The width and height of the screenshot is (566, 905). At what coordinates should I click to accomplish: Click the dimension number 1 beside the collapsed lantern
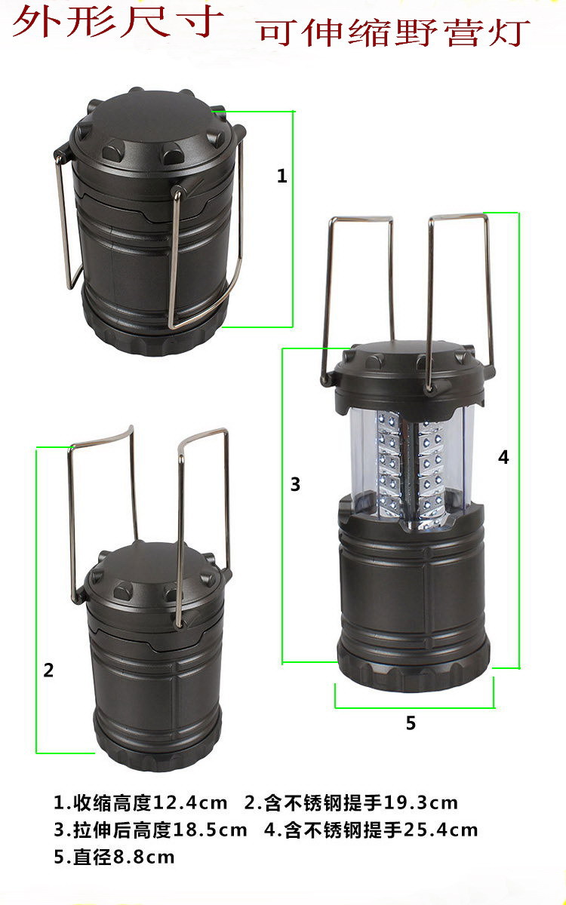pos(281,176)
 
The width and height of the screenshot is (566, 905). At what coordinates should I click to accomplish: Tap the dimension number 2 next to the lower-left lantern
pos(48,670)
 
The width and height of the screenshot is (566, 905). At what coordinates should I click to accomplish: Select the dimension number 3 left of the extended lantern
pos(296,484)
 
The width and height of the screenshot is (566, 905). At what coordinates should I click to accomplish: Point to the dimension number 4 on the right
pos(503,457)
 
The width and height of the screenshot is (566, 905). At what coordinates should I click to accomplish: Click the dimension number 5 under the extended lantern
pos(411,722)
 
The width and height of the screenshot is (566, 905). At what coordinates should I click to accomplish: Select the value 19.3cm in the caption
pos(420,802)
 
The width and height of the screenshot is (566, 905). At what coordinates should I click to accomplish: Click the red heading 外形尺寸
pos(118,22)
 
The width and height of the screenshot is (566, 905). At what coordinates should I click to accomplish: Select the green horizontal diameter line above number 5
pos(414,707)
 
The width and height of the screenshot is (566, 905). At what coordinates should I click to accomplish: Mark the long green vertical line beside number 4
pos(518,440)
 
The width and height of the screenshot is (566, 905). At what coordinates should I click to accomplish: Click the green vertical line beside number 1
pos(292,219)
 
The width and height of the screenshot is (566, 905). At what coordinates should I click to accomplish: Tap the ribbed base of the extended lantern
pos(414,670)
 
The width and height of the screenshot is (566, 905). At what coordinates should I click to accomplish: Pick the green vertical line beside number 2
pos(37,600)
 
